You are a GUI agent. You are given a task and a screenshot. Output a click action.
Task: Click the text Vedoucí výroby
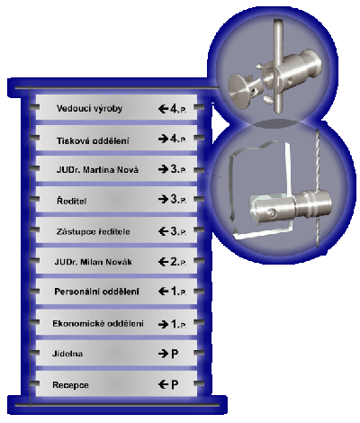[89, 109]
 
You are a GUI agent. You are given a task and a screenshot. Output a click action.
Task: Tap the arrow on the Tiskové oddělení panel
[163, 139]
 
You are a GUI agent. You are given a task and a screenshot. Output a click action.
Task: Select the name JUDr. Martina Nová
[97, 170]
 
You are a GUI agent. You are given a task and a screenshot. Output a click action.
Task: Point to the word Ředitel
[71, 201]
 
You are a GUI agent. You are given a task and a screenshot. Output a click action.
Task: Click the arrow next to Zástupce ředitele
[163, 231]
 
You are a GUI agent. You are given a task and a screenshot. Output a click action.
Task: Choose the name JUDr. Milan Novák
[93, 262]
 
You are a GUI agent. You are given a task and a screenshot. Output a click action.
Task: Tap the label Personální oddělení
[96, 292]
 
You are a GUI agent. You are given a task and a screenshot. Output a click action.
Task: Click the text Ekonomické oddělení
[98, 323]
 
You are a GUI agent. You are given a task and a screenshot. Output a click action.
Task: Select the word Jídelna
[67, 354]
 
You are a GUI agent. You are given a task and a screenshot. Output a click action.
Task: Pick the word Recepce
[70, 385]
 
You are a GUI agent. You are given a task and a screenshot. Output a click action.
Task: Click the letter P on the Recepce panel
[175, 384]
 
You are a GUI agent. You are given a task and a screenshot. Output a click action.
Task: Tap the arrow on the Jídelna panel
[163, 354]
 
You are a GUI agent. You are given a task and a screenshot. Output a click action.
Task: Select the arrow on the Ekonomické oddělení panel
[163, 324]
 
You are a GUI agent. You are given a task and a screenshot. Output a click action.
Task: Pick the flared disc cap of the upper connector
[239, 87]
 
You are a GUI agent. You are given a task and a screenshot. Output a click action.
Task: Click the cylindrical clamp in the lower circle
[291, 206]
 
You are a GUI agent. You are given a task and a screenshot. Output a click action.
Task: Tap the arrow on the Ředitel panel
[163, 199]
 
